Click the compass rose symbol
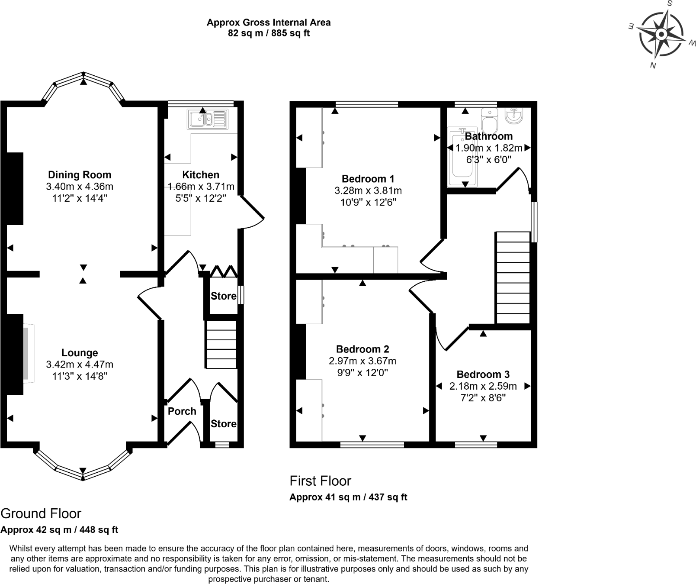point(661,35)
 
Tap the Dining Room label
point(80,175)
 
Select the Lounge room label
point(80,353)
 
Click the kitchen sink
point(207,119)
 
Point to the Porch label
point(182,411)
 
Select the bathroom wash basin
point(514,115)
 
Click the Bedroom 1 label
point(368,179)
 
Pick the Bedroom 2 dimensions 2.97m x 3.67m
point(362,361)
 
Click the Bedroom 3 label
point(483,374)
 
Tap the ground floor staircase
point(221,345)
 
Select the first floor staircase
point(513,277)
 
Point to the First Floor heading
point(320,481)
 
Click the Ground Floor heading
point(41,514)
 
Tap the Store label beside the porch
point(223,424)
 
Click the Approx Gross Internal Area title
point(269,23)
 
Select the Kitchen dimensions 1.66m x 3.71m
point(201,187)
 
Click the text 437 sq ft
point(387,497)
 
